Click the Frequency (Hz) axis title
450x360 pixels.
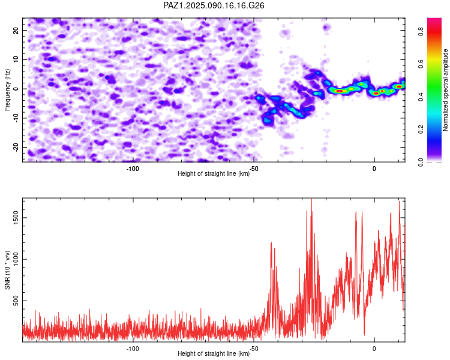pyautogui.click(x=8, y=89)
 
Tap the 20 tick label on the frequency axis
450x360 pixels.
pyautogui.click(x=17, y=30)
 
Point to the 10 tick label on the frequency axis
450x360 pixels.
pyautogui.click(x=17, y=59)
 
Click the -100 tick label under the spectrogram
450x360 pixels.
pyautogui.click(x=133, y=169)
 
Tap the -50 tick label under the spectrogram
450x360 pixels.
pyautogui.click(x=254, y=169)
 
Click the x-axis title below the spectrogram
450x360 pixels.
pyautogui.click(x=214, y=174)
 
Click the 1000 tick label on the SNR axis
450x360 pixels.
pyautogui.click(x=17, y=259)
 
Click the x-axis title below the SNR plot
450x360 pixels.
pyautogui.click(x=214, y=354)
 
